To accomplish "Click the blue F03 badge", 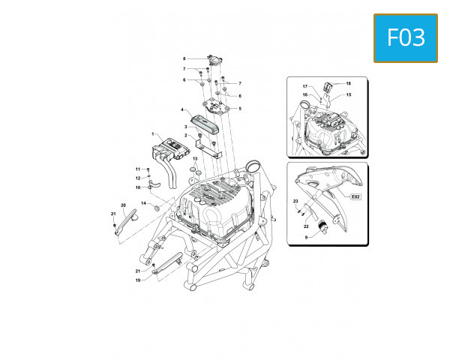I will pyautogui.click(x=406, y=37).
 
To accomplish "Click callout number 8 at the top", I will pyautogui.click(x=184, y=58).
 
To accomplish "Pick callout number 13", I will pyautogui.click(x=194, y=160).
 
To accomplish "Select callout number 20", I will pyautogui.click(x=123, y=205).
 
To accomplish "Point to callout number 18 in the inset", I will pyautogui.click(x=348, y=82).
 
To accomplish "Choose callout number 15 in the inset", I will pyautogui.click(x=348, y=94).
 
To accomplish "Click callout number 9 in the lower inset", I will pyautogui.click(x=305, y=237).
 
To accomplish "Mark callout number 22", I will pyautogui.click(x=306, y=226).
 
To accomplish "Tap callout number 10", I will pyautogui.click(x=137, y=187).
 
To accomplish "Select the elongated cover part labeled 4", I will pyautogui.click(x=205, y=121).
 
